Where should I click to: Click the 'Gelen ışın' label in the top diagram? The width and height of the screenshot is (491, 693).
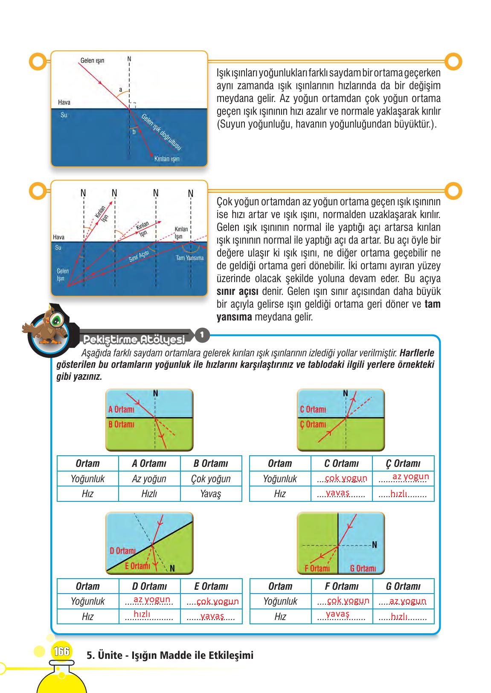click(92, 61)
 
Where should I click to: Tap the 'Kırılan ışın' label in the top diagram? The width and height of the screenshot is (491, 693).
click(167, 159)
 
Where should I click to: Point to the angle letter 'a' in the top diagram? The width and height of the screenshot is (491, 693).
click(121, 90)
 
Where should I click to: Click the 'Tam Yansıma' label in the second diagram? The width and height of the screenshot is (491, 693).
click(189, 258)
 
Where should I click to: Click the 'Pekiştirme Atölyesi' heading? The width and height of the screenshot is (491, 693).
click(134, 340)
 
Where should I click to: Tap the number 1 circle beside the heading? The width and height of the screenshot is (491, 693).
click(202, 335)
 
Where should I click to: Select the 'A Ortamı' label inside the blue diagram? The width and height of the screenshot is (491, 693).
click(121, 410)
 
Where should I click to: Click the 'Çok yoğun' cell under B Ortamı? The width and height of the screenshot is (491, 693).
click(211, 479)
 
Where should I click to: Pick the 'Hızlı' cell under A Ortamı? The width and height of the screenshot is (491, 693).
click(149, 494)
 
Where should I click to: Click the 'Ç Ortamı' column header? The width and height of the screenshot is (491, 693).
click(403, 463)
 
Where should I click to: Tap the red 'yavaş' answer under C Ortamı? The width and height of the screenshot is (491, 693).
click(337, 493)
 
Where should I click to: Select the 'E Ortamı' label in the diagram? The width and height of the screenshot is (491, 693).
click(137, 566)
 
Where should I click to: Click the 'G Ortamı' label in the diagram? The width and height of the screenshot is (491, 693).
click(363, 568)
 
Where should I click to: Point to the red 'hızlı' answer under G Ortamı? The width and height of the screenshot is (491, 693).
click(399, 617)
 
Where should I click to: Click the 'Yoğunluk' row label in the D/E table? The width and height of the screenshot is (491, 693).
click(87, 601)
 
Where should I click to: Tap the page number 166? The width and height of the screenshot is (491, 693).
click(61, 652)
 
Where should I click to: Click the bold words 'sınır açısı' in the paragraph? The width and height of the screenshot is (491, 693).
click(237, 292)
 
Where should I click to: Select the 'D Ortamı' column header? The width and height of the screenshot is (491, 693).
click(149, 586)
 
